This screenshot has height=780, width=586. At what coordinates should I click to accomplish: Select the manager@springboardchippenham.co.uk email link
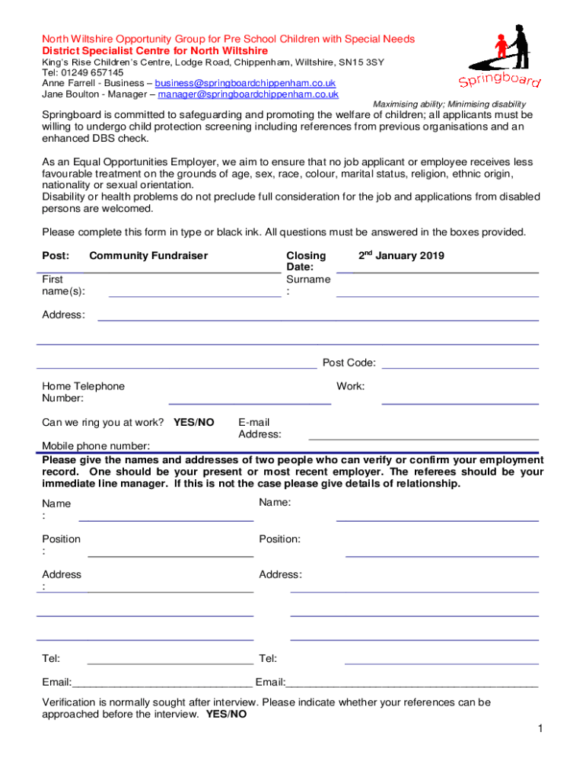coord(248,94)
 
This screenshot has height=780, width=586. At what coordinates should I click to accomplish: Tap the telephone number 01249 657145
coord(92,72)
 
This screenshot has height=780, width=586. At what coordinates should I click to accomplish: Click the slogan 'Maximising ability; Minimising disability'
coord(448,104)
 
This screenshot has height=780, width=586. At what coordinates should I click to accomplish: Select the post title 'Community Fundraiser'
coord(148,256)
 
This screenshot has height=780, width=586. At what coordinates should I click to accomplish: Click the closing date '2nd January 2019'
coord(401,256)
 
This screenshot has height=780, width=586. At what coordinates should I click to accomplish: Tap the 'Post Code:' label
coord(349,363)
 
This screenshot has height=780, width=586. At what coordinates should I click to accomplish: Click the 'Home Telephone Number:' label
coord(83,392)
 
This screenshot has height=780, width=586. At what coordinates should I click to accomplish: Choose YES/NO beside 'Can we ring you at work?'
coord(194,422)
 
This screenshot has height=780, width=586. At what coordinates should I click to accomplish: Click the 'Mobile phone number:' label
coord(96,446)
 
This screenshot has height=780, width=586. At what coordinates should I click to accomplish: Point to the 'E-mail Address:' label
coord(260,428)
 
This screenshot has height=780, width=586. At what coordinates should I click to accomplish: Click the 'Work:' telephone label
coord(350,386)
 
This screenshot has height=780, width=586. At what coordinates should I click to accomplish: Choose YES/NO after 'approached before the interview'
coord(226,714)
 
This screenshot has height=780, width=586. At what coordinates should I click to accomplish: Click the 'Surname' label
coord(307,280)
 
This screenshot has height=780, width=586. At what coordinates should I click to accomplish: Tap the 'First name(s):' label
coord(63,285)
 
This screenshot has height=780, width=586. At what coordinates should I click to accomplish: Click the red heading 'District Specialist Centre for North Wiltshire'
coord(154,50)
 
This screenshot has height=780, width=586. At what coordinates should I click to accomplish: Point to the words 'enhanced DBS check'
coord(95,139)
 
